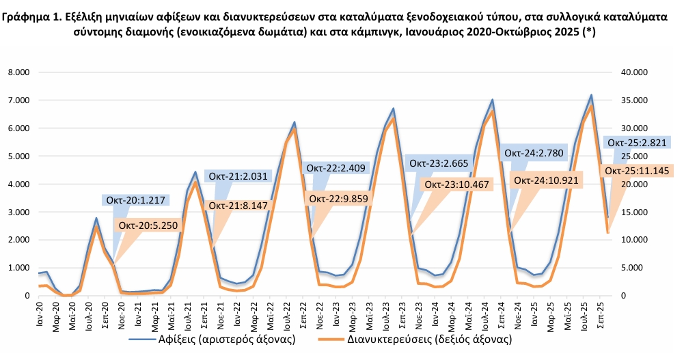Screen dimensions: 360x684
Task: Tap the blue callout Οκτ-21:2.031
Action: point(238,176)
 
